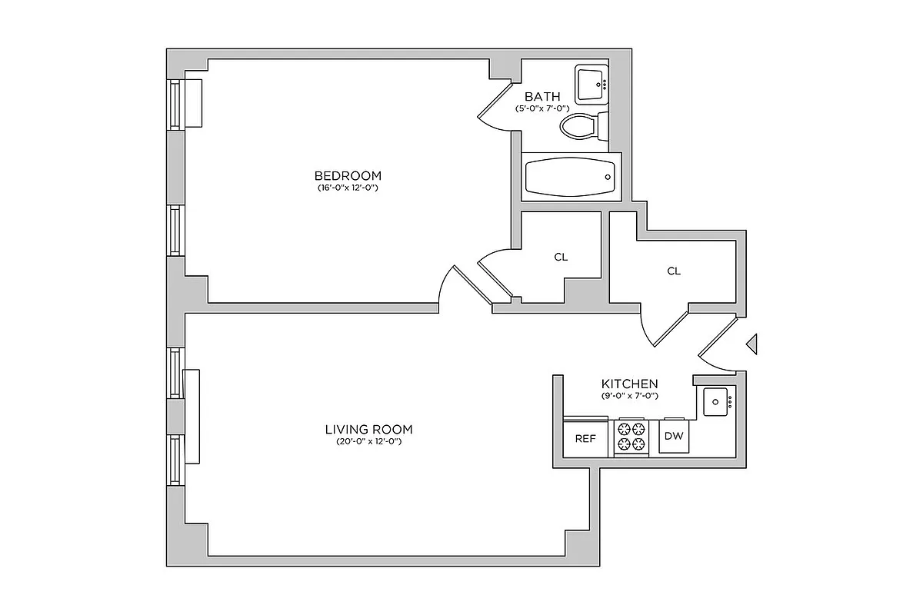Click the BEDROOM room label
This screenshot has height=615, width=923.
(x=348, y=175)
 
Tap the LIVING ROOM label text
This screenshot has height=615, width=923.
(x=369, y=429)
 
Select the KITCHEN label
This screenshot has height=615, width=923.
(x=629, y=384)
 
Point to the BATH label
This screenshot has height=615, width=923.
(x=542, y=96)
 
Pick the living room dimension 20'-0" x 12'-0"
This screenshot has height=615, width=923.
(x=369, y=442)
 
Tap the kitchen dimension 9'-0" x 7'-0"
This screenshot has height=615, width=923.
(x=629, y=396)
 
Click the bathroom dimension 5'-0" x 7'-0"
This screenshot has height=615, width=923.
(x=542, y=109)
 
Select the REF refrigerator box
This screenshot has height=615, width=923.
(x=586, y=439)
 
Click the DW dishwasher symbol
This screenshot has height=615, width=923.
(x=674, y=437)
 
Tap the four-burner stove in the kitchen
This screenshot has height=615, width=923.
(x=631, y=437)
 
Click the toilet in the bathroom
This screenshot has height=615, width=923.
(x=581, y=126)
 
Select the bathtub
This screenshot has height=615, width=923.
(x=570, y=177)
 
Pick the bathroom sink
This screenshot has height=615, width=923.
(x=591, y=83)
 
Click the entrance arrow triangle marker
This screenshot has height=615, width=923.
(x=752, y=344)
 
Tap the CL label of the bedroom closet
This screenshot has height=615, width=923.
(x=561, y=257)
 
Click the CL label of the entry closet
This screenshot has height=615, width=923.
(x=674, y=271)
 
